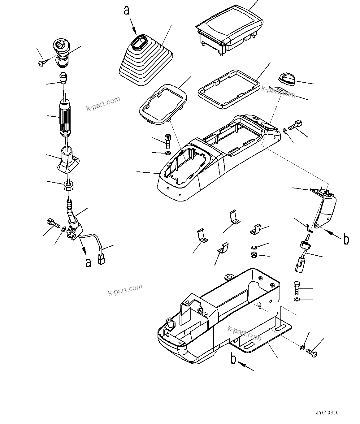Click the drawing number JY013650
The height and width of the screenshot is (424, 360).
click(327, 413)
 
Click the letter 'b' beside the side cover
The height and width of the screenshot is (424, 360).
click(346, 239)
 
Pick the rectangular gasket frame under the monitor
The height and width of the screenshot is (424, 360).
click(228, 89)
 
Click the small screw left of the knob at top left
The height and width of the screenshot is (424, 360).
click(42, 63)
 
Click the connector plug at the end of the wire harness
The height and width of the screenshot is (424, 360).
click(101, 259)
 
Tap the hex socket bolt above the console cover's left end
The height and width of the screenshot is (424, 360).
click(167, 140)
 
